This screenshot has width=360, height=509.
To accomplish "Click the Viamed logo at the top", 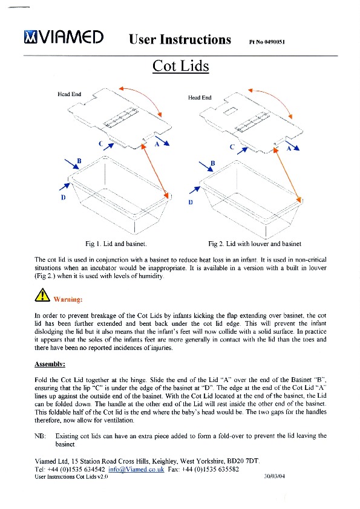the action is point(64,37).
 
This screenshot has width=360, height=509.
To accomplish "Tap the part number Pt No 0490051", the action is point(267,42).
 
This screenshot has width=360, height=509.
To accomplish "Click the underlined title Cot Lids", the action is point(181,65).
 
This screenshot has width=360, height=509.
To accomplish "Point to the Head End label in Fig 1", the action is point(69,94).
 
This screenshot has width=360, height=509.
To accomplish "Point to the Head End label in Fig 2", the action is point(200,97).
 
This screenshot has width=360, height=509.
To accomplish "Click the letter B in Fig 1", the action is point(79,161).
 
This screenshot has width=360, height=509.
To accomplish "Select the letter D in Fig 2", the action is point(191,202).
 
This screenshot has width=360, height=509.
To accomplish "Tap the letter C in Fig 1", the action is point(101,143).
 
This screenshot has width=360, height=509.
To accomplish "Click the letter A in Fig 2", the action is point(289,148).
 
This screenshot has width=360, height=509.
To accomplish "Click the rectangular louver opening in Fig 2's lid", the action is point(231,111).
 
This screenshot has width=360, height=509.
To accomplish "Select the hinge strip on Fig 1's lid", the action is point(121,118).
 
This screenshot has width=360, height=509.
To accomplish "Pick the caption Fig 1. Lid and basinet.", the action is point(116,244).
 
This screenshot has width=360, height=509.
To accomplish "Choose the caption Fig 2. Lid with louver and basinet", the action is point(255,244).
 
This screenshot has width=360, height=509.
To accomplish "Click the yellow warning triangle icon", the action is point(42,295).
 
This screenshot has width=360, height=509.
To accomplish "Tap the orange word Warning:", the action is point(68,299).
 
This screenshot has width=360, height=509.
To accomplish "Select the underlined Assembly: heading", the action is point(50,365).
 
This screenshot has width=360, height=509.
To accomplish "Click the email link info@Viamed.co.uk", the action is point(136,469).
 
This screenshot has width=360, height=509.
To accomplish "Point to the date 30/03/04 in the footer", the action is point(274,476).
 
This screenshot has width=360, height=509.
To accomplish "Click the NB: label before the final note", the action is point(40,436).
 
